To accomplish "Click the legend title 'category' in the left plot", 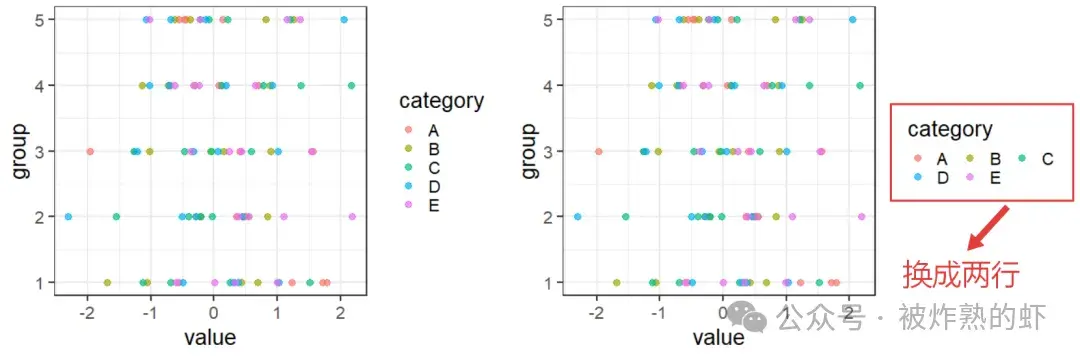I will coord(441,100).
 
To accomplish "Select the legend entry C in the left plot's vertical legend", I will coord(433,167).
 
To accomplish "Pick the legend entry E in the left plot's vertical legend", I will coord(433,205).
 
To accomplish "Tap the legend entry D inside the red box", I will coord(941,176).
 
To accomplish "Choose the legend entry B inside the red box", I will coord(995,158).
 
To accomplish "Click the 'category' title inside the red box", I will coord(950,129).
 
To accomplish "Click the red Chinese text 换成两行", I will coord(961,273).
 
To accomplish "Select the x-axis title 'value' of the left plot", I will coord(210,337).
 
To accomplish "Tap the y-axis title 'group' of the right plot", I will coord(530,152).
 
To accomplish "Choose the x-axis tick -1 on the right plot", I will coord(658,312).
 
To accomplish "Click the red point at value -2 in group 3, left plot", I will coord(90,152).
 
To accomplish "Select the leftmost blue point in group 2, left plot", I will coord(68,216).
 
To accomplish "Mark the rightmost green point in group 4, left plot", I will coord(351,86).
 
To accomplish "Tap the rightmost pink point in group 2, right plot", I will coord(861,216).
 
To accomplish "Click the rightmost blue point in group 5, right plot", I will coord(852,20).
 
